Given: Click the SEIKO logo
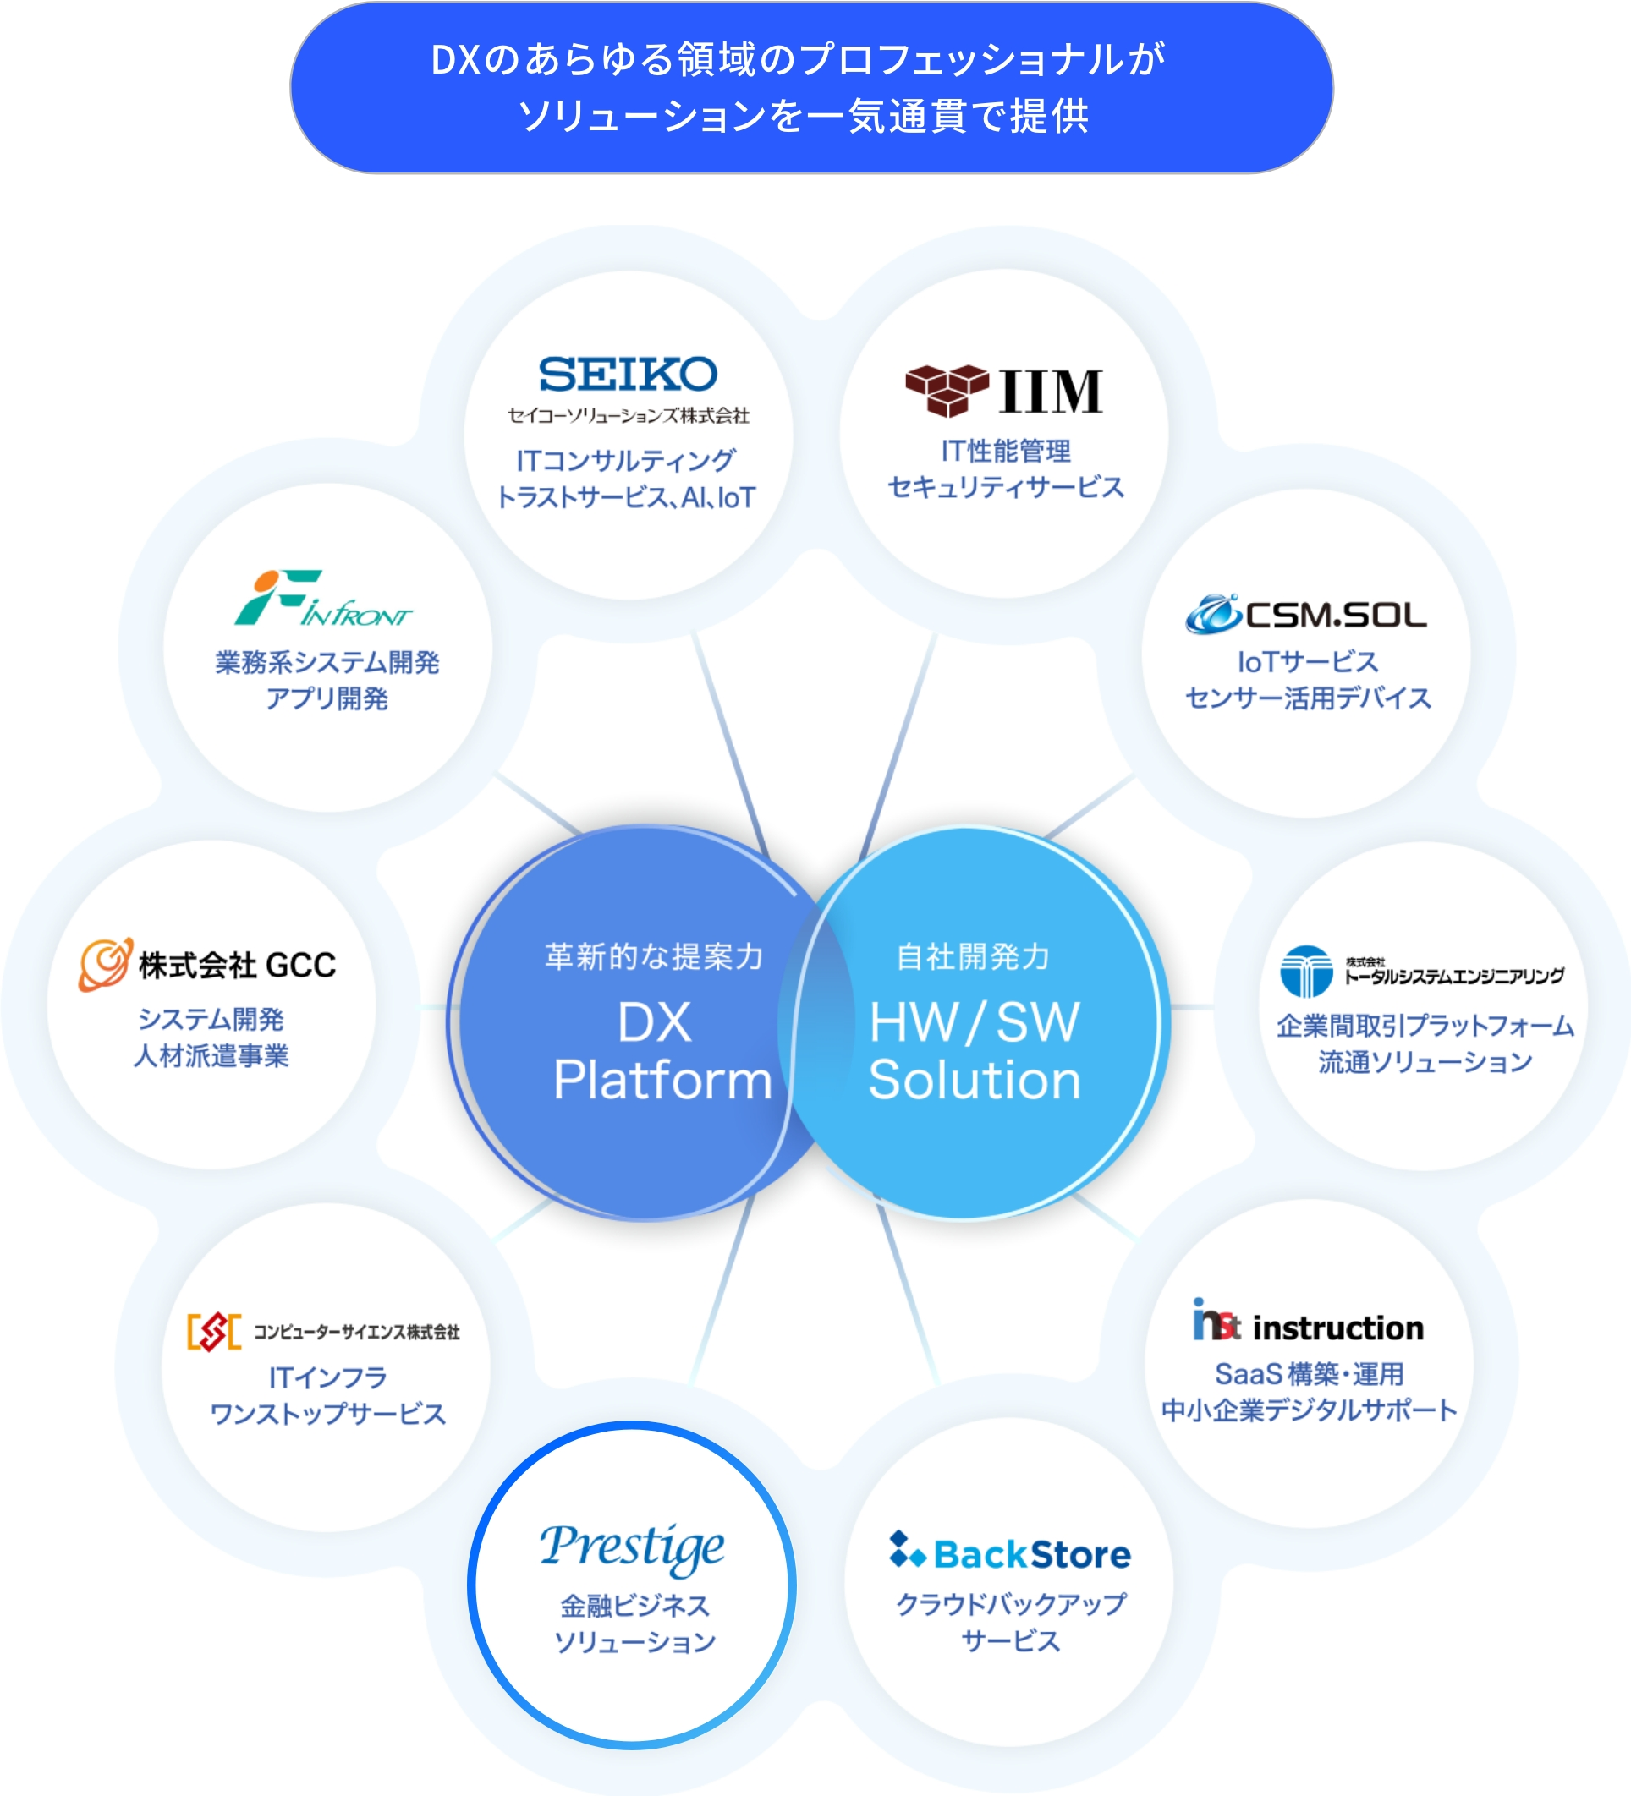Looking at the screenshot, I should [628, 374].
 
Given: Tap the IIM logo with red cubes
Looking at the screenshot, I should [1004, 390].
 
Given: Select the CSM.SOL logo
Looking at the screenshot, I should [1305, 614].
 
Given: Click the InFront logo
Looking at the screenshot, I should [322, 599].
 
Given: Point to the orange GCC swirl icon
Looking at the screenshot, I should [105, 964].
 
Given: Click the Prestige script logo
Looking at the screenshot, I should [632, 1547].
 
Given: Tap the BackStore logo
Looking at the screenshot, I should [1010, 1552].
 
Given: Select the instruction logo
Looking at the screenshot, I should [1308, 1323].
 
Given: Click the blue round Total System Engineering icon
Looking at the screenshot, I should [1305, 971].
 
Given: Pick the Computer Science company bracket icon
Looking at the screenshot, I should [214, 1332].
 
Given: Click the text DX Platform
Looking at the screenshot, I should [660, 1051].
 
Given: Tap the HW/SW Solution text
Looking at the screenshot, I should [975, 1051].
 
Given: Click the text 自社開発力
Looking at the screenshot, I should [973, 955].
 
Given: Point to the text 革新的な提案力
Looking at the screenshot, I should [654, 955].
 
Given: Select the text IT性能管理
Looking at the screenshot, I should [1005, 451].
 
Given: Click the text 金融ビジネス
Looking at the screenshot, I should [634, 1606].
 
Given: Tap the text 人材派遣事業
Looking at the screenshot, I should [211, 1055].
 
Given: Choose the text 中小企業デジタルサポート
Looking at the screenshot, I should [1309, 1410].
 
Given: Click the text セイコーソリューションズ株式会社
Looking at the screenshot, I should [629, 416].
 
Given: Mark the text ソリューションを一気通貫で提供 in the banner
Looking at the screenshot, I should [804, 117].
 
